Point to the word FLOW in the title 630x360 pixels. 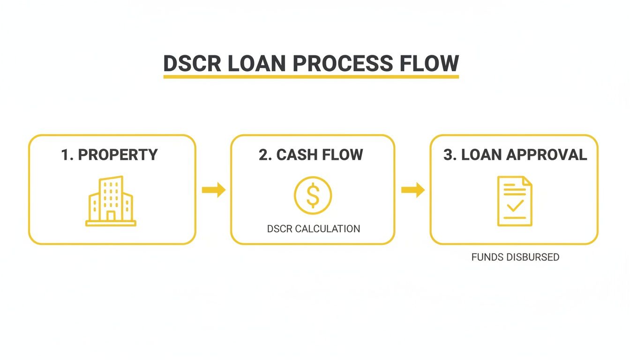pos(429,63)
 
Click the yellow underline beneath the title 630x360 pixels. pos(311,75)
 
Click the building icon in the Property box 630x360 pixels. pos(111,201)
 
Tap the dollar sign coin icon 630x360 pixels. pos(313,195)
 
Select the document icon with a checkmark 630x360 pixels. pos(514,201)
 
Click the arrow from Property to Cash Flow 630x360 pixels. pos(213,190)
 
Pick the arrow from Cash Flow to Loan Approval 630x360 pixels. pos(412,190)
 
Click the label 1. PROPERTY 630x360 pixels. pos(110,155)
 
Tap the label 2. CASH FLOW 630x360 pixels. pos(311,155)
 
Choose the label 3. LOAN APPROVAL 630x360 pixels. pos(515,155)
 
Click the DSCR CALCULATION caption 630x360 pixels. pos(313,229)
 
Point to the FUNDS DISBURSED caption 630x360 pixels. pos(515,257)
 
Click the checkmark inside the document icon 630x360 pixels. pos(515,205)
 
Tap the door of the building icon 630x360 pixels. pos(111,216)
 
